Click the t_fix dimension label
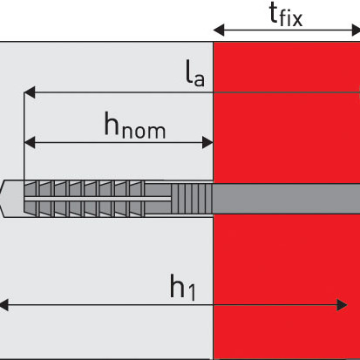(x=286, y=16)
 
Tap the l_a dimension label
(x=195, y=72)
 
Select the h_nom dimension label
(x=135, y=125)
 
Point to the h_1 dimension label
(x=182, y=287)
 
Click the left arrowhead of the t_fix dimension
(x=219, y=30)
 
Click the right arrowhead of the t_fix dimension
(x=356, y=30)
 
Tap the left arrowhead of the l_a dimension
(x=30, y=92)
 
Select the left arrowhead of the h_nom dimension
(x=30, y=143)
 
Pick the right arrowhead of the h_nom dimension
(x=207, y=143)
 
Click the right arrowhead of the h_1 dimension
(x=342, y=305)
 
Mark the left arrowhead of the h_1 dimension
(x=4, y=305)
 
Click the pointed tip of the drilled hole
(x=1, y=199)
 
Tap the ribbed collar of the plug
(x=192, y=199)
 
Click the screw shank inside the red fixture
(x=286, y=199)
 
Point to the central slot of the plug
(x=97, y=199)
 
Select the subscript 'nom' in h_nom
(x=144, y=131)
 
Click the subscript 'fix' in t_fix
(x=291, y=19)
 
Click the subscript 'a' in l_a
(x=199, y=78)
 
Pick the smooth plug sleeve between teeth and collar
(x=158, y=199)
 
